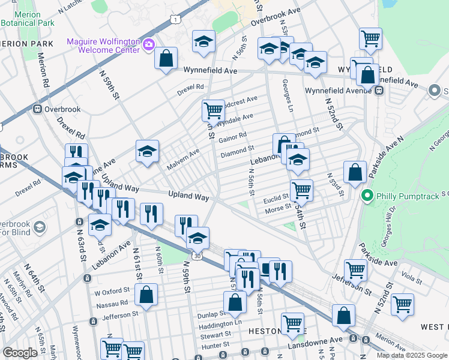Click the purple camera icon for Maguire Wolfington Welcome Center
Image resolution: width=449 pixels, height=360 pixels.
coord(149,44)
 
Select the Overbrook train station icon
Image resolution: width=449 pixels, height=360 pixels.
coord(37,109)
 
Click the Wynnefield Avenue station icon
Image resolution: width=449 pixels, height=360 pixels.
coord(379,91)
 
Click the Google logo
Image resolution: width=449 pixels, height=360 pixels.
coord(20,353)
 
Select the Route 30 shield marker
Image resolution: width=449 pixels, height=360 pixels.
coord(197,256)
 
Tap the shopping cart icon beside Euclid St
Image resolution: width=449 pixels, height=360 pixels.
coord(301,190)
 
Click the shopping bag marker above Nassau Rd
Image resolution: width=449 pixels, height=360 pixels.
coord(146,295)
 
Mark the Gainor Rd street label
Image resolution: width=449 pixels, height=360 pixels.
coord(233,137)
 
